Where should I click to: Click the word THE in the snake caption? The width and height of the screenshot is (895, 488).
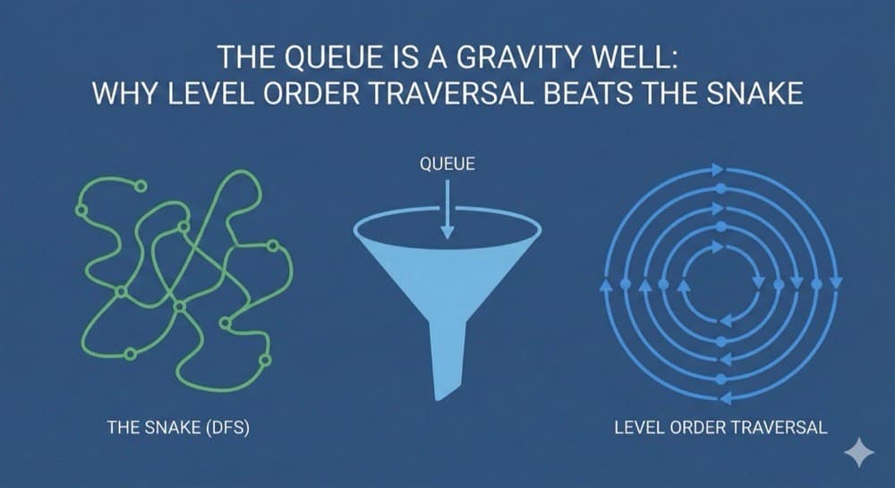point(121,428)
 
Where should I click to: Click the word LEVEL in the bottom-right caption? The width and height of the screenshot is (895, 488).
point(637,428)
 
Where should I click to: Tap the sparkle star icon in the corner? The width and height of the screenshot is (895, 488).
point(859,453)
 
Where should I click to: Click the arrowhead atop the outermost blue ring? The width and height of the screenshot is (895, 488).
point(717,168)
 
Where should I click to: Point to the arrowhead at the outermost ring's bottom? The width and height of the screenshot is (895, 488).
point(721,398)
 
